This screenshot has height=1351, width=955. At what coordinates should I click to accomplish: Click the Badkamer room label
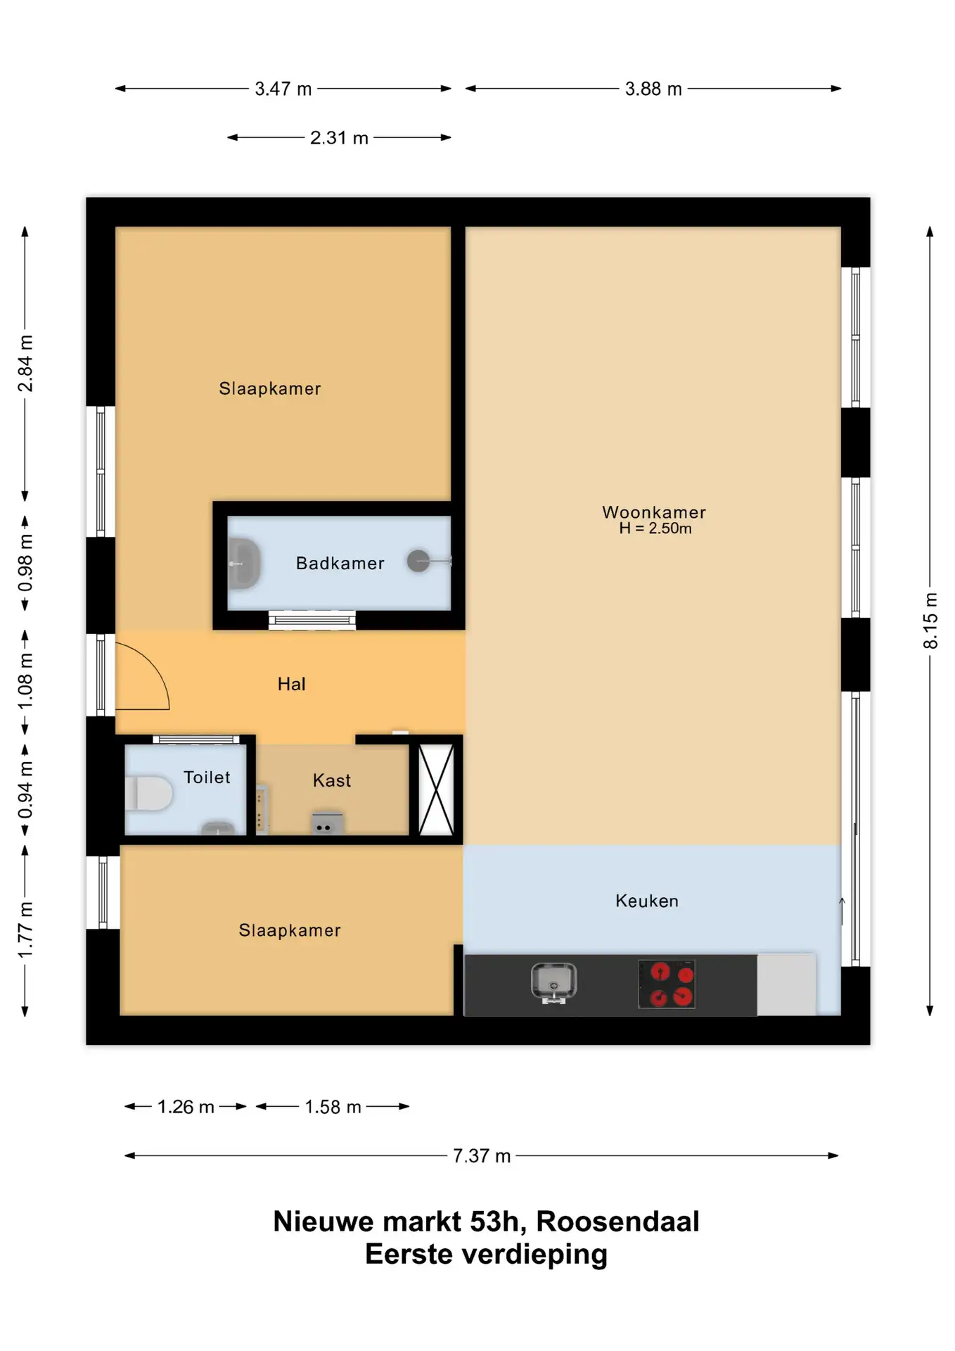(x=340, y=563)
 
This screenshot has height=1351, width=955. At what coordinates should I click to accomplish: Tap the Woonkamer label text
(x=654, y=512)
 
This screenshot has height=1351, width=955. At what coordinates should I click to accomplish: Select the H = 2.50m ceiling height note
(x=655, y=528)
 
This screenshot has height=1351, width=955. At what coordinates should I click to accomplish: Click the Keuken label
(x=647, y=901)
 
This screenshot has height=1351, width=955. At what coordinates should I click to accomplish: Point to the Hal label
(x=292, y=684)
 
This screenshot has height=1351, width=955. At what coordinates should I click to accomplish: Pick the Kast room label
(x=332, y=780)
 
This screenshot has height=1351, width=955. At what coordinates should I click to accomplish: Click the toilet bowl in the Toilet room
(x=148, y=793)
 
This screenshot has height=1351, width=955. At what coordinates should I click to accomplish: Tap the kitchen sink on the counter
(x=553, y=982)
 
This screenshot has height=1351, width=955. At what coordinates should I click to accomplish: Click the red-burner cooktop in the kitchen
(x=667, y=984)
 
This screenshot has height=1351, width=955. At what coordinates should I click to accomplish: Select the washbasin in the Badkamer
(x=245, y=564)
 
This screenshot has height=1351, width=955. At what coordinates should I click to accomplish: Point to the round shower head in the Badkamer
(x=418, y=561)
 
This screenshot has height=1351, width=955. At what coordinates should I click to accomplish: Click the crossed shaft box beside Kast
(x=436, y=789)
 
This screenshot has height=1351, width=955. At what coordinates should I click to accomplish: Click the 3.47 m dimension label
(x=283, y=89)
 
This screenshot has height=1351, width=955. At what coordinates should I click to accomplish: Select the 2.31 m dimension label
(x=339, y=138)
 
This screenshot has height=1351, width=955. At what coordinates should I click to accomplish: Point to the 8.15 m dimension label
(x=930, y=621)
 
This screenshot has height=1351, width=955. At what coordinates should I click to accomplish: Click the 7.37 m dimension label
(x=482, y=1156)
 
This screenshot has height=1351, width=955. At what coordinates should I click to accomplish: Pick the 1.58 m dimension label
(x=333, y=1107)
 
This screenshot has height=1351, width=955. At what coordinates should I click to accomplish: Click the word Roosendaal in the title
(x=618, y=1222)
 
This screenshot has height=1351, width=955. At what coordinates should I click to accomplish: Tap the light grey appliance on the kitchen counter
(x=786, y=985)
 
